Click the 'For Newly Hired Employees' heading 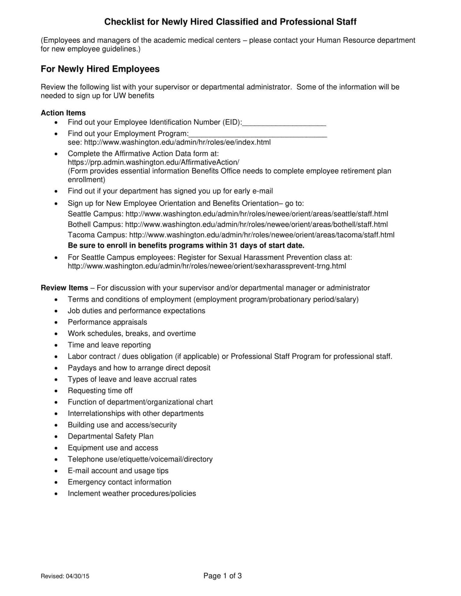coord(100,69)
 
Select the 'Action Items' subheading coord(63,113)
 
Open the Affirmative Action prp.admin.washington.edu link coord(153,162)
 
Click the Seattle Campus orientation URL coord(257,214)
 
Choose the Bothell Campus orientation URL coord(256,225)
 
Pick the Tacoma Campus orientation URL coord(262,235)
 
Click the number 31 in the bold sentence coord(233,246)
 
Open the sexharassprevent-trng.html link coord(207,266)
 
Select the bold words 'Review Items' coord(64,288)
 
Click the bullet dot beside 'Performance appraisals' coord(56,323)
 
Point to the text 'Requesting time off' coord(100,391)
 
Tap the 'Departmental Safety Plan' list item coord(110,436)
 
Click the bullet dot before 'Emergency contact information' coord(56,483)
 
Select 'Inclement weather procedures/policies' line coord(132,494)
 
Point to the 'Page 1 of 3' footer coord(222,576)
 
